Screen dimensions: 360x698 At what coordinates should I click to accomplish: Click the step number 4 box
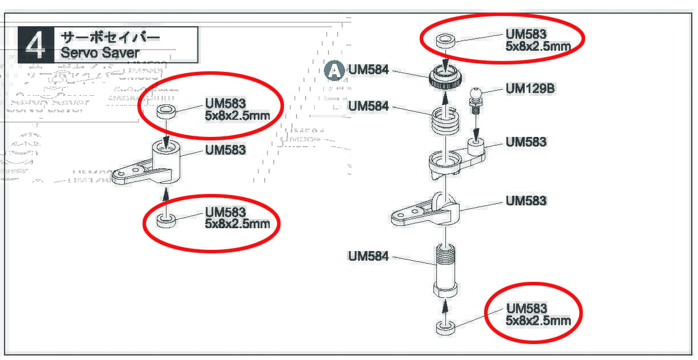click(x=35, y=45)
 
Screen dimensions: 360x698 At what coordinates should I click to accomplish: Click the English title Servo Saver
click(x=100, y=53)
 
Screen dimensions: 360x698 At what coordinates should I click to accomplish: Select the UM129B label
click(x=530, y=89)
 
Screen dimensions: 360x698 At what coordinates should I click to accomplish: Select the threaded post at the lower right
click(x=445, y=268)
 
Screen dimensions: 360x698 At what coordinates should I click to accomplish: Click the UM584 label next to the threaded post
click(x=368, y=257)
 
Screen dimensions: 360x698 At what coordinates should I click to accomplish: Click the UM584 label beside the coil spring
click(x=368, y=107)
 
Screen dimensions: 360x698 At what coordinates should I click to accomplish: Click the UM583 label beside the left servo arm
click(x=225, y=150)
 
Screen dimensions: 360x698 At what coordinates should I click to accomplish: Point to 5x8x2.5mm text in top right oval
click(x=538, y=47)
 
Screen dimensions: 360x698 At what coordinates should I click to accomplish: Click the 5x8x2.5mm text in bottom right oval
click(x=538, y=321)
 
